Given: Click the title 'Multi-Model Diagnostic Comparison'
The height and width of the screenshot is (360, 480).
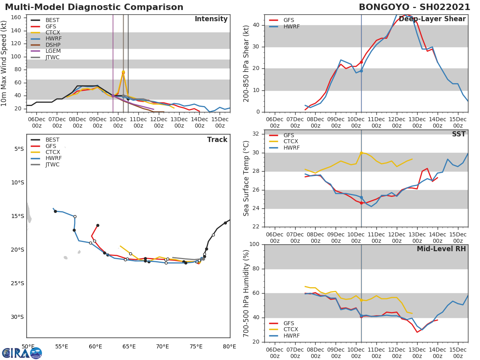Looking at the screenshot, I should pos(94,7).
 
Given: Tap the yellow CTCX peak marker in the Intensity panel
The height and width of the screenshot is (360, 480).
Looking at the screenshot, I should pos(123,72).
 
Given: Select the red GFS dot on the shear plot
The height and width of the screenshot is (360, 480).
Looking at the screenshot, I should pos(361,62).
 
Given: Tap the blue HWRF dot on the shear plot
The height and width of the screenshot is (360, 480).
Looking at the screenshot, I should pos(361,71).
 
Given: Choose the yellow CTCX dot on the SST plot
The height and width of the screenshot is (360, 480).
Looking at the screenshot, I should pos(361,153).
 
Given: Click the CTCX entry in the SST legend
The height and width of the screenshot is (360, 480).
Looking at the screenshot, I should pos(291,142).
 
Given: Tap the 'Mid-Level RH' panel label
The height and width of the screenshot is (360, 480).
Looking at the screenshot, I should pos(441,249).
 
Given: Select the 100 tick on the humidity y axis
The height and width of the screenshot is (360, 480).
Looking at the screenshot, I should pos(254,244).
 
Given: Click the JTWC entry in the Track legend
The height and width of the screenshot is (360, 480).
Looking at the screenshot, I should pos(52,165).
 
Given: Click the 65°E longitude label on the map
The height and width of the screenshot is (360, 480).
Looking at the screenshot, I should pos(129,347).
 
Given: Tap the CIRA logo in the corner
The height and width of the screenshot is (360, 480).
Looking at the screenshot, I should pos(22,353).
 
